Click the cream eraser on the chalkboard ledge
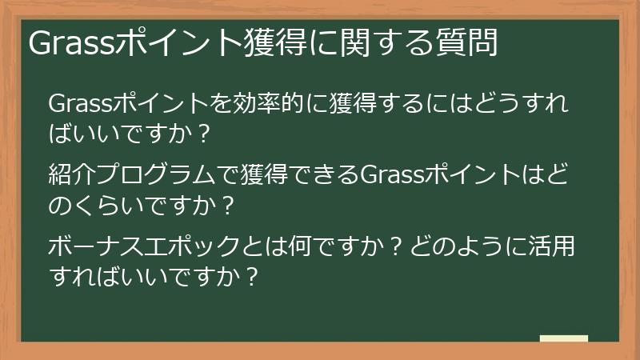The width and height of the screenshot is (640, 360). (x=563, y=338)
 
